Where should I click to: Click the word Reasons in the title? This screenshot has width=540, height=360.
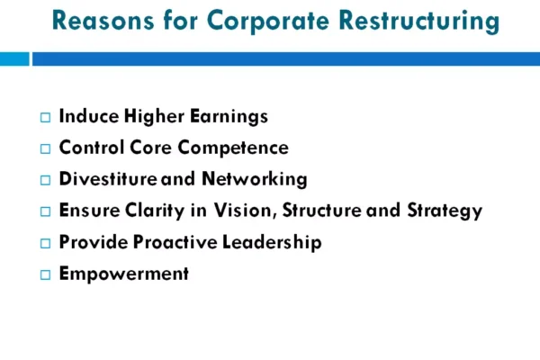click(x=103, y=21)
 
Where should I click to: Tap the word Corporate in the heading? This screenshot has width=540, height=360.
click(x=268, y=22)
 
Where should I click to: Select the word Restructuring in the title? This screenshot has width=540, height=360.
click(x=419, y=22)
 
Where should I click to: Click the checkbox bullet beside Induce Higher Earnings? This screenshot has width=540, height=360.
click(x=46, y=118)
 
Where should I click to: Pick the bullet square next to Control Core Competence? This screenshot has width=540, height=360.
click(x=46, y=148)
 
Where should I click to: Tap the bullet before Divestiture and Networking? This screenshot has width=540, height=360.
click(x=46, y=180)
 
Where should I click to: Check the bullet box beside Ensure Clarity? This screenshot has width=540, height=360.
click(x=46, y=211)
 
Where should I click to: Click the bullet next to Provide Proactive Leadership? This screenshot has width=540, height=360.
click(x=46, y=243)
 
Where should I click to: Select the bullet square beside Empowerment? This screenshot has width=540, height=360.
click(x=46, y=274)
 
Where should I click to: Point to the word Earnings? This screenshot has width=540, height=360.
click(x=229, y=117)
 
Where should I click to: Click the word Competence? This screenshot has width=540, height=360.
click(x=233, y=148)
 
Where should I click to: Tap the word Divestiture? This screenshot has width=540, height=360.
click(x=108, y=179)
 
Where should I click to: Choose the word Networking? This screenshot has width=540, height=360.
click(x=255, y=180)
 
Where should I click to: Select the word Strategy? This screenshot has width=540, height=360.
click(x=445, y=211)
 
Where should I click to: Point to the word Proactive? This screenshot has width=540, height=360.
click(x=175, y=242)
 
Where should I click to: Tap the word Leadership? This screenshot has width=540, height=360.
click(x=272, y=242)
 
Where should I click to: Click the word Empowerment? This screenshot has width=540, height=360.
click(x=124, y=274)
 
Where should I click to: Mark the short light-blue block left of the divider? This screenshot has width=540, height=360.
click(x=14, y=58)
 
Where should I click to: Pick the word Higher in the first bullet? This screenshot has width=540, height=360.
click(x=154, y=117)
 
